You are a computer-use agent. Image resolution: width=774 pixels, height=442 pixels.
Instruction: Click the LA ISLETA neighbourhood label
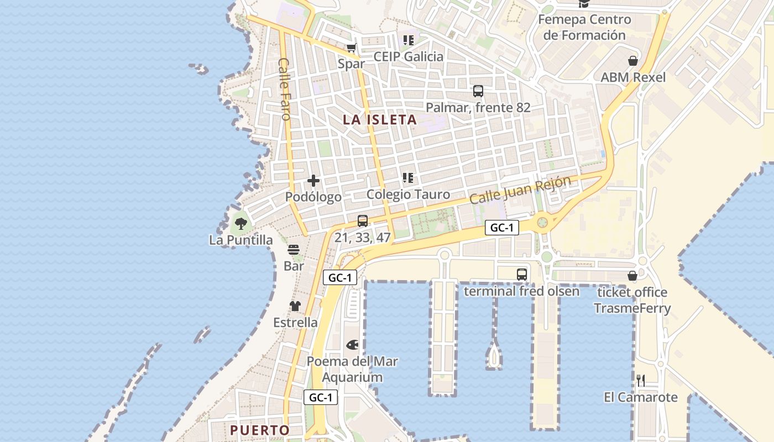379,119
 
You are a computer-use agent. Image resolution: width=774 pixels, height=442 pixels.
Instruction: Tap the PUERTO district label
260,430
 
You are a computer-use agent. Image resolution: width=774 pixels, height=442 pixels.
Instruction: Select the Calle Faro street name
284,88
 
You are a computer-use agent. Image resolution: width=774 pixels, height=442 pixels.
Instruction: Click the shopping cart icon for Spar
351,48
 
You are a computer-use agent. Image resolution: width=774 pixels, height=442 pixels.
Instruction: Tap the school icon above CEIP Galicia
409,40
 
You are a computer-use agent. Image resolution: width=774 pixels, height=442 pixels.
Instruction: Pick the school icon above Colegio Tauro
408,178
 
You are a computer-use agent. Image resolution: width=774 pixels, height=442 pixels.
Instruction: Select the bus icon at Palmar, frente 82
478,91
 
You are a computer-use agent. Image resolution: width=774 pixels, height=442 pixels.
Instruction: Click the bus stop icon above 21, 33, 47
363,221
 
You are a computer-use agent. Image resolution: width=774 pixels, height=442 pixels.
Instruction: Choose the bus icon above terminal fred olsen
521,274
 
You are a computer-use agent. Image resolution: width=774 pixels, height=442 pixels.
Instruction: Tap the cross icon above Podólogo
313,180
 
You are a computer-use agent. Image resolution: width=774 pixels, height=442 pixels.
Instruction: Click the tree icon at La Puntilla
240,224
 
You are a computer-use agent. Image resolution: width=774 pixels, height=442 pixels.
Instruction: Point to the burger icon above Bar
294,250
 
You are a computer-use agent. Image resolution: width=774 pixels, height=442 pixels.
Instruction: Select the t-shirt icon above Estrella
295,306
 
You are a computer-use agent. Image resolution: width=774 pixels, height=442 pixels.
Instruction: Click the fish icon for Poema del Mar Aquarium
352,345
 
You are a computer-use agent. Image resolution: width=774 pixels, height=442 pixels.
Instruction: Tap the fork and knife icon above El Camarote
641,380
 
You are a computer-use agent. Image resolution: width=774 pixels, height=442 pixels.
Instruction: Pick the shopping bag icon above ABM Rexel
633,61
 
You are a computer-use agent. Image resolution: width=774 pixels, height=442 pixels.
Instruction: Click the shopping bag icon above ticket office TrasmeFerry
632,276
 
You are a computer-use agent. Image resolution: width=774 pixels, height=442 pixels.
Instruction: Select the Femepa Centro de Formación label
584,28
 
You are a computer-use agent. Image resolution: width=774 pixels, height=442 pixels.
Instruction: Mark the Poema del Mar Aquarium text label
352,370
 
